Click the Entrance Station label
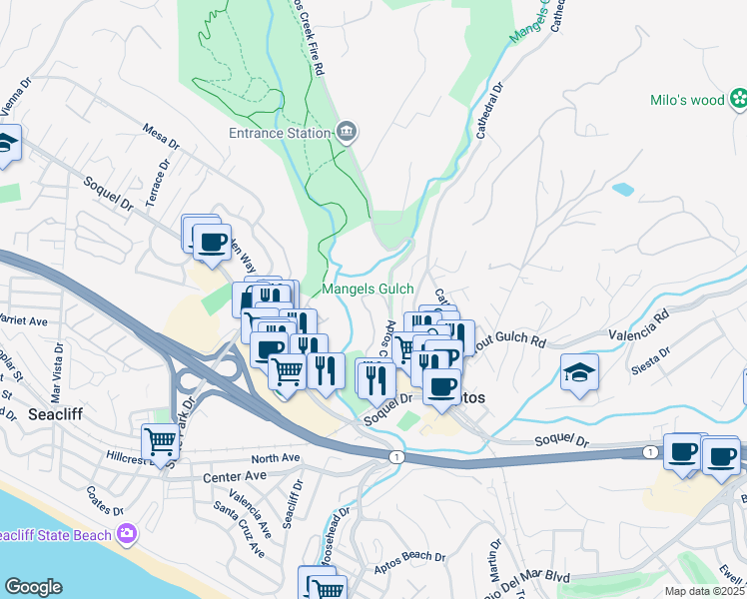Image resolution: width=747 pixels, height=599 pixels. (280, 133)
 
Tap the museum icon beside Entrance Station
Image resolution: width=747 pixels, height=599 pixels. (347, 132)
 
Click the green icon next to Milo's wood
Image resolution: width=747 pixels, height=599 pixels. (739, 98)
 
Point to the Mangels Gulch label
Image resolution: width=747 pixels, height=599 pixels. (368, 290)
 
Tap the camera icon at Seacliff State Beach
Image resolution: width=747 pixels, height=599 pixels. (127, 533)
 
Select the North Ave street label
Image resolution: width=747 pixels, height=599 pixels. (276, 458)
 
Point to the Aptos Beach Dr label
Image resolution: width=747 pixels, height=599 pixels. (411, 556)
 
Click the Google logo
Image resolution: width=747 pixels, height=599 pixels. (33, 587)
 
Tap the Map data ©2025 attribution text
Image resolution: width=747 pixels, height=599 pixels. (704, 592)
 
